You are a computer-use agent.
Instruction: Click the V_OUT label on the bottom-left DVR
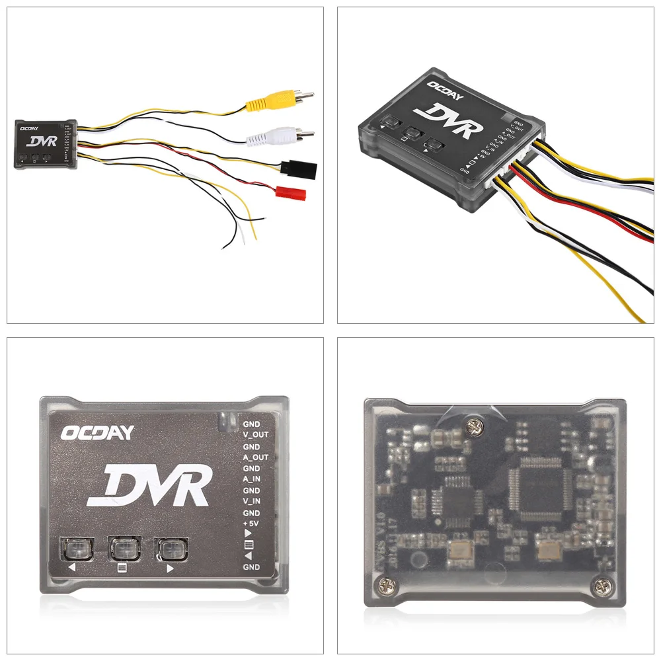pos(256,435)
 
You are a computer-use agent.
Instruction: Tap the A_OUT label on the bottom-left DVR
pos(256,457)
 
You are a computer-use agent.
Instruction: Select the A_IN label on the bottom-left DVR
pos(252,480)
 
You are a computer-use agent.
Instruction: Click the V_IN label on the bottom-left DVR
pos(252,502)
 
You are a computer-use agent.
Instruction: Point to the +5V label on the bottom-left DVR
pos(251,525)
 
